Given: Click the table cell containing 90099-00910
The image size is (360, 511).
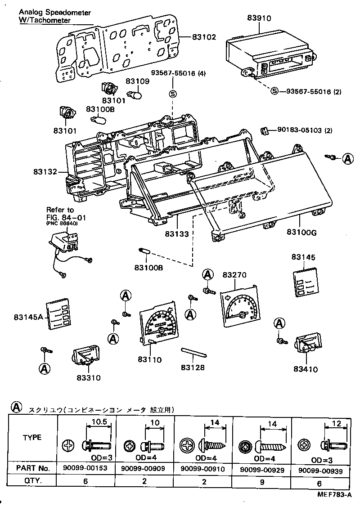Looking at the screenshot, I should click(x=202, y=469).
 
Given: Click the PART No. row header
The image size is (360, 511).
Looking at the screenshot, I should click(x=32, y=469).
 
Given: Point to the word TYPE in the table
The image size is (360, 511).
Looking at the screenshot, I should click(x=32, y=437).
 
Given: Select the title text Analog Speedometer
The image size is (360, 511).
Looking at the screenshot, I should click(x=49, y=13).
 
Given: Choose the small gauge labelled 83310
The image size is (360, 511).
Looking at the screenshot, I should click(x=85, y=356).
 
